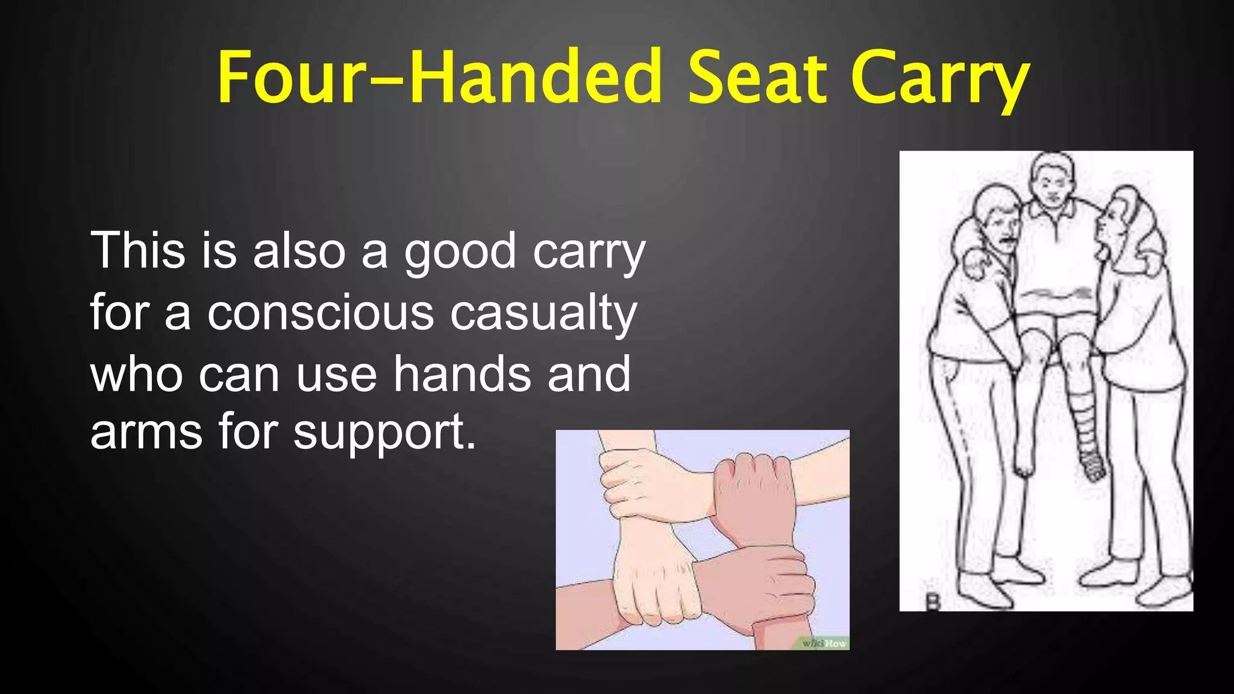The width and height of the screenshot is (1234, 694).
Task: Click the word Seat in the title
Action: pos(757,78)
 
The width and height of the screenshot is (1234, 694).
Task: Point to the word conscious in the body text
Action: pos(321,314)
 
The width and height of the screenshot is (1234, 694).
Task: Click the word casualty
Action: pos(543,314)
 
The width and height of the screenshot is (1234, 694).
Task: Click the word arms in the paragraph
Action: pos(146,433)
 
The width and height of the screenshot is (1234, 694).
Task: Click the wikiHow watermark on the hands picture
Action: pos(824,643)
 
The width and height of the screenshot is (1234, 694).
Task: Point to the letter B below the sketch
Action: pos(933,601)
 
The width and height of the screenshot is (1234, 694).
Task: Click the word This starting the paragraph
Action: pos(138,251)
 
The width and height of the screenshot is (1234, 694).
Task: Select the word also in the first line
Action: pos(299,251)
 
